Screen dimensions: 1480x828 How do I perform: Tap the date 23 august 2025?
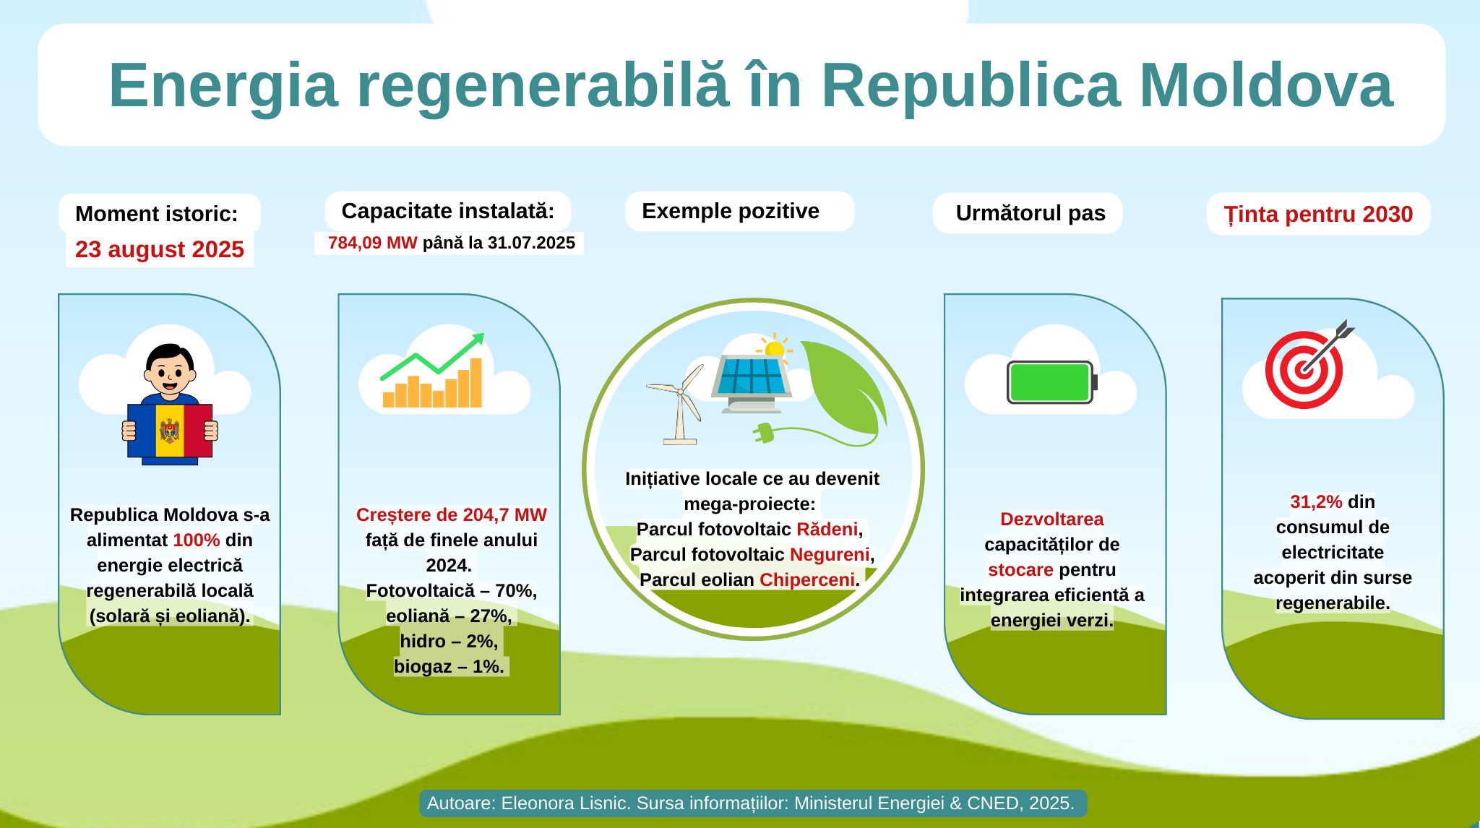click(160, 249)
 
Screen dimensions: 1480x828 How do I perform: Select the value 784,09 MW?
click(372, 243)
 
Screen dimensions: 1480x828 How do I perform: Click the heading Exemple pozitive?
click(731, 211)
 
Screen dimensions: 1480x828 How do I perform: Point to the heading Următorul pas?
click(1031, 213)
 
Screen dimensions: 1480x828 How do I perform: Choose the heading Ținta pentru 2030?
click(1318, 214)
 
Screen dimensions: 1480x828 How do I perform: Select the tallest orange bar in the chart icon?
click(476, 383)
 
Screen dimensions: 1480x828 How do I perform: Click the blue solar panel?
click(752, 376)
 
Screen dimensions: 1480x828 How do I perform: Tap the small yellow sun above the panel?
click(775, 349)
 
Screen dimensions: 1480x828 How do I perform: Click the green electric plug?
click(763, 433)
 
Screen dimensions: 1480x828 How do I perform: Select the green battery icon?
click(1052, 382)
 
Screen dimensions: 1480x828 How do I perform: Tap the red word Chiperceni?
click(807, 580)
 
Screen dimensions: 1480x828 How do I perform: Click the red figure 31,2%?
click(1316, 501)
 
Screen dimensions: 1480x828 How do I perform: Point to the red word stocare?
click(1020, 570)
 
